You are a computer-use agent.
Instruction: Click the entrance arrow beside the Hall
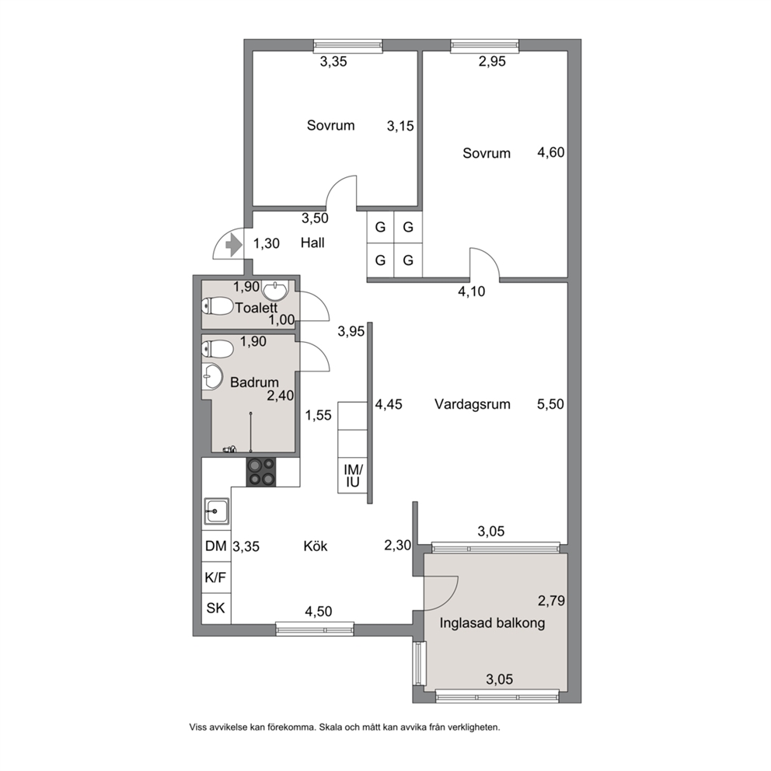click(x=233, y=245)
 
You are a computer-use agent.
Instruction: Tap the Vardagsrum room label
click(x=472, y=404)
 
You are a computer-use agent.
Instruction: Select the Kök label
click(x=316, y=546)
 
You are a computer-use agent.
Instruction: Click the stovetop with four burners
click(x=261, y=472)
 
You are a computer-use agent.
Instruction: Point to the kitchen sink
click(x=216, y=511)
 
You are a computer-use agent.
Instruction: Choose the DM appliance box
click(x=216, y=546)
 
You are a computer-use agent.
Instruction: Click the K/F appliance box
click(x=216, y=577)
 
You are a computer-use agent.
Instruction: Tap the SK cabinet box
click(x=216, y=609)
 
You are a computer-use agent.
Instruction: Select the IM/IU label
click(x=353, y=476)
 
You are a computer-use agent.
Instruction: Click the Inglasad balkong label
click(x=492, y=623)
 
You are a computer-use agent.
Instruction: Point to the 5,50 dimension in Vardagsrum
click(x=551, y=404)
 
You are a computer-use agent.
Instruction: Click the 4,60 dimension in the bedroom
click(x=551, y=152)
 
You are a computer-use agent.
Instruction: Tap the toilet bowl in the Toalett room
click(x=218, y=306)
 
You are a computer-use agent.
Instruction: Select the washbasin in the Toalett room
click(x=275, y=291)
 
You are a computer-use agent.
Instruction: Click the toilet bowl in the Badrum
click(x=218, y=350)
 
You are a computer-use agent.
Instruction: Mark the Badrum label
click(x=254, y=382)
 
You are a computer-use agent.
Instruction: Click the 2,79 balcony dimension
click(x=551, y=600)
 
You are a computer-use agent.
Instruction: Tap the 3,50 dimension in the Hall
click(x=315, y=218)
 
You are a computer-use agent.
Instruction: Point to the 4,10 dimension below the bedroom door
click(x=472, y=291)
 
